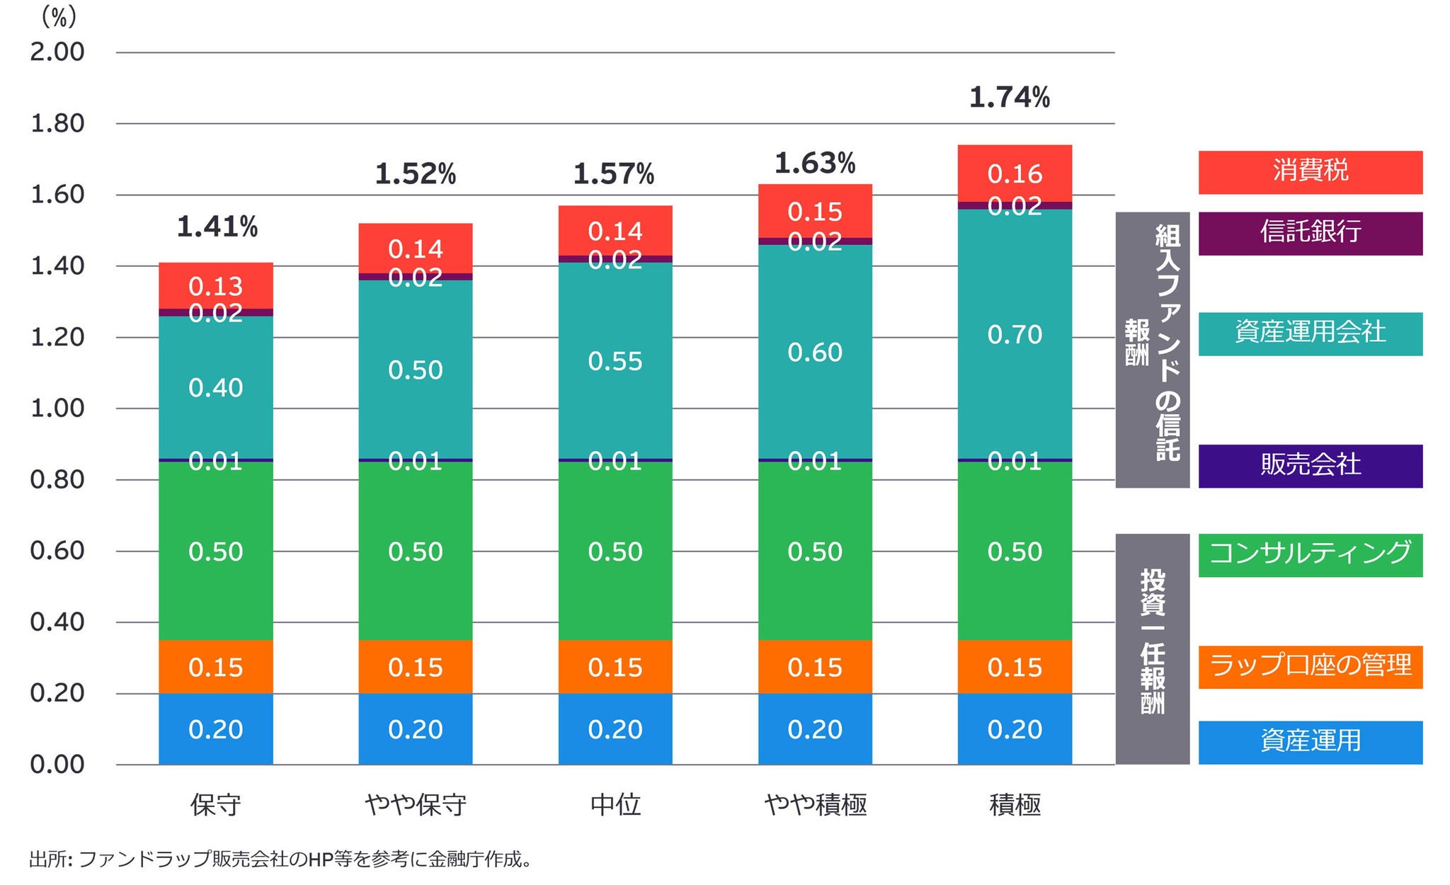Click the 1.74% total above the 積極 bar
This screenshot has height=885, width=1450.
pos(1009,98)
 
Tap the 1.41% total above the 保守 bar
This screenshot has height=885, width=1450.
pos(217,227)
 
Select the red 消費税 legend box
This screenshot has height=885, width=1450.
pos(1310,172)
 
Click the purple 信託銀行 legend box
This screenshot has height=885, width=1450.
pos(1310,233)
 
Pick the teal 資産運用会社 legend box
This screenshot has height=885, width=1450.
pos(1310,333)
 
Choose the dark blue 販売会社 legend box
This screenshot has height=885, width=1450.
pos(1310,466)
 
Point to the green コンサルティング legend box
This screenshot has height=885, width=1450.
pos(1310,555)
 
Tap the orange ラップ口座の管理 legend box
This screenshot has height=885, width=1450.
pos(1310,667)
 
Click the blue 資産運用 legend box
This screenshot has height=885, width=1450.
pos(1310,742)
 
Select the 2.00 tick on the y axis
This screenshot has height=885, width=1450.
pos(57,52)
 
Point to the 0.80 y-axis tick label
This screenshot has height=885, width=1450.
pos(57,480)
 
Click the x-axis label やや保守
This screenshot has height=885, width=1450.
pos(416,805)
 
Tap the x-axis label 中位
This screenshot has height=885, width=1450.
pos(615,805)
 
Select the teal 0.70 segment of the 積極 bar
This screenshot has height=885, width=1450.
pos(1015,334)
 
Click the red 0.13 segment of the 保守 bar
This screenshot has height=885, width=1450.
pos(216,286)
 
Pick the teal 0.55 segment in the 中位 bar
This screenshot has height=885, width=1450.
pos(615,361)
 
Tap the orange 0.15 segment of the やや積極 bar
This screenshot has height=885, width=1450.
pos(815,667)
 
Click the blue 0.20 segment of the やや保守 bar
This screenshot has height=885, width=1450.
pos(416,729)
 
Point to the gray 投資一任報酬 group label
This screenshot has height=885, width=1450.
pos(1152,649)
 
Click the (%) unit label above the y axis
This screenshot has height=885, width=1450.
pos(59,16)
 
